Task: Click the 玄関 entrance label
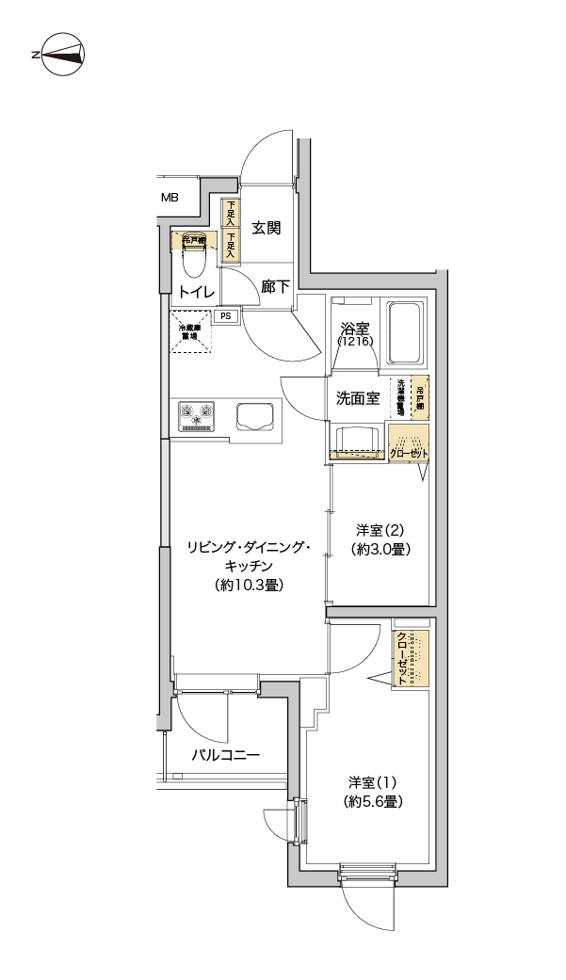[x=267, y=228]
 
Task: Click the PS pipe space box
[x=225, y=316]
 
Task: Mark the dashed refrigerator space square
[x=190, y=332]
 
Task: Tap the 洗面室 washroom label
[x=358, y=397]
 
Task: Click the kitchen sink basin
[x=255, y=415]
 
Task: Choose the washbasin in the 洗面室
[x=358, y=440]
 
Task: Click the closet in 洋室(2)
[x=409, y=443]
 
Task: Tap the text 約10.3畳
[x=248, y=585]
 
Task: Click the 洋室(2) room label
[x=381, y=529]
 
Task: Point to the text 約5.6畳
[x=373, y=802]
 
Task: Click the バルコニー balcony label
[x=225, y=755]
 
